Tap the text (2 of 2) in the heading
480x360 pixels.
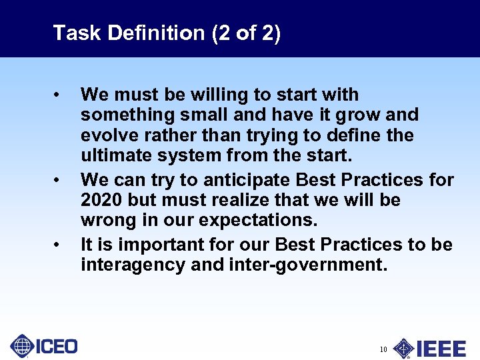[246, 33]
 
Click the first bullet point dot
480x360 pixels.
[59, 95]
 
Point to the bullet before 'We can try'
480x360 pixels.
[59, 181]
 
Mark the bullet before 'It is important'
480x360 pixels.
[59, 245]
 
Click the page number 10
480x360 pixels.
[383, 349]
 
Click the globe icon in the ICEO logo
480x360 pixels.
[22, 346]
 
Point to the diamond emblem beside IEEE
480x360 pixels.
[403, 348]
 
